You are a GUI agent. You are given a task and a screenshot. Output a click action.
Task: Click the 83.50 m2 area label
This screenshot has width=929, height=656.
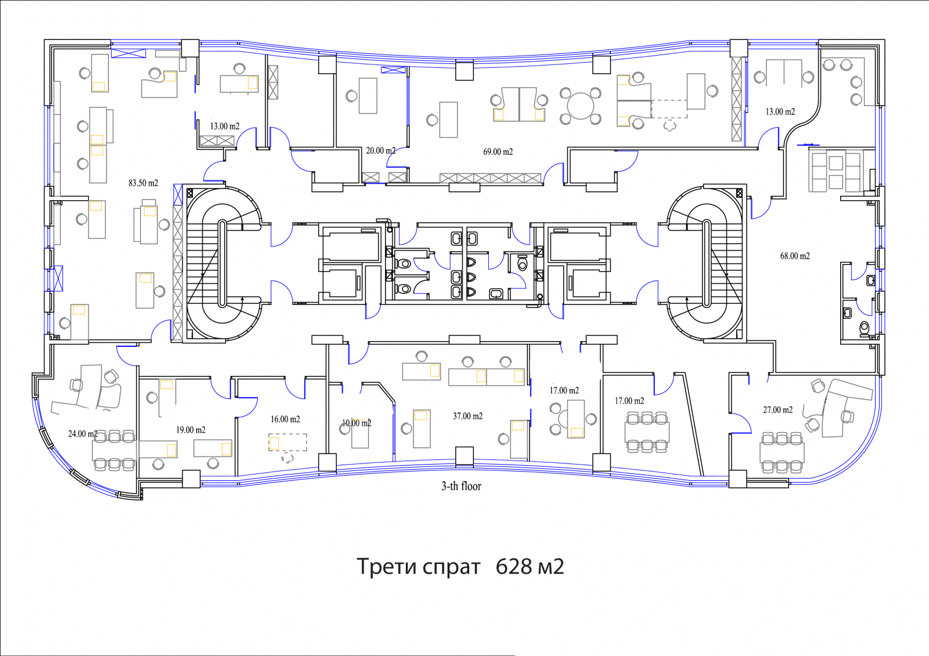pos(143,183)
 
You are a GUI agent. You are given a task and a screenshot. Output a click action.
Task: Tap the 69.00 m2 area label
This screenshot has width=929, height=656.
pos(498,151)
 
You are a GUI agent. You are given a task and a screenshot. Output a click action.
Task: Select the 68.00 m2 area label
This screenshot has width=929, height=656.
pos(795,256)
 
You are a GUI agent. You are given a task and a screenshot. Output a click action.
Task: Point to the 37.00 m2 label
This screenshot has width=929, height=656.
pos(467,416)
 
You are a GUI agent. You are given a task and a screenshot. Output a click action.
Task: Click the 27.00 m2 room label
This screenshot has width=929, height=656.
pos(777,410)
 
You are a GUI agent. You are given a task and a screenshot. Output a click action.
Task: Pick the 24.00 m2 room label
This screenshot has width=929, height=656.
pos(82,434)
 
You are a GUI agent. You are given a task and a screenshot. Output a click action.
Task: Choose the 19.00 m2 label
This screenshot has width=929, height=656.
pos(190,430)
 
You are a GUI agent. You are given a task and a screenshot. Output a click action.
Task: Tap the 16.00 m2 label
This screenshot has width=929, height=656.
pos(285,419)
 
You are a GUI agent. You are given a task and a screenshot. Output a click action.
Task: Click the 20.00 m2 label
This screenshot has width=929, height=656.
pos(380,151)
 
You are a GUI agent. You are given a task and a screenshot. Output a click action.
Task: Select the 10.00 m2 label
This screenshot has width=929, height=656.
pos(357,423)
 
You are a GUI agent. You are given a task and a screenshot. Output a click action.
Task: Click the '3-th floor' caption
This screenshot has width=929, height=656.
pos(461,486)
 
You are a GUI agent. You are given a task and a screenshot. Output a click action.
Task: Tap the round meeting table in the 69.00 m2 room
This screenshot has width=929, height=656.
pos(580,106)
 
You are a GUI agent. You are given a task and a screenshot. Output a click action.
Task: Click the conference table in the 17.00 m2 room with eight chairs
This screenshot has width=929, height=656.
pos(647,432)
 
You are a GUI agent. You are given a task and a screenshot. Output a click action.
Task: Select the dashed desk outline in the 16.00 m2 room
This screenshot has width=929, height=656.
pos(288,442)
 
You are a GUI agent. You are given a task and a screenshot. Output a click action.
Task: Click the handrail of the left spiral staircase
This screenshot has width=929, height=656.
pos(222,263)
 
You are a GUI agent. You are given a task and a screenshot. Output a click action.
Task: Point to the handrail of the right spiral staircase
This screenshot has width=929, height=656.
pos(707,263)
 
